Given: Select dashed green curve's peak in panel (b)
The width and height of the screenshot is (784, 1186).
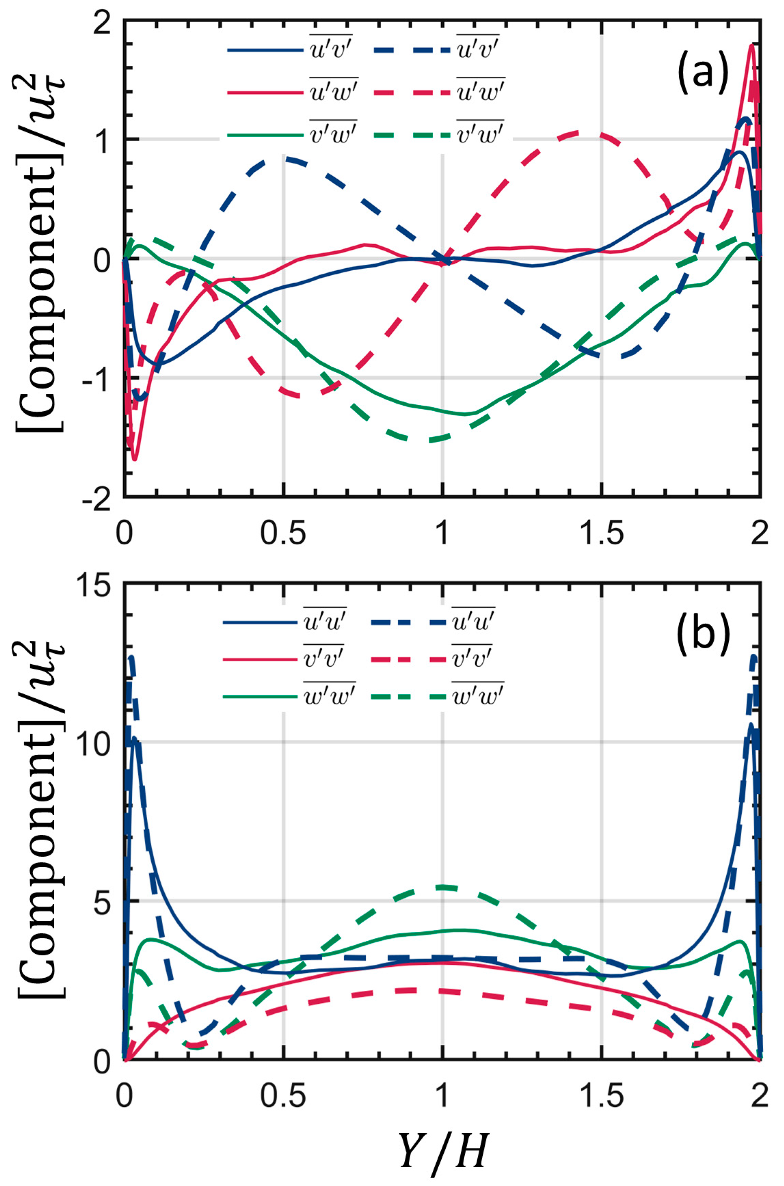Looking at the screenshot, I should [x=442, y=888].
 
